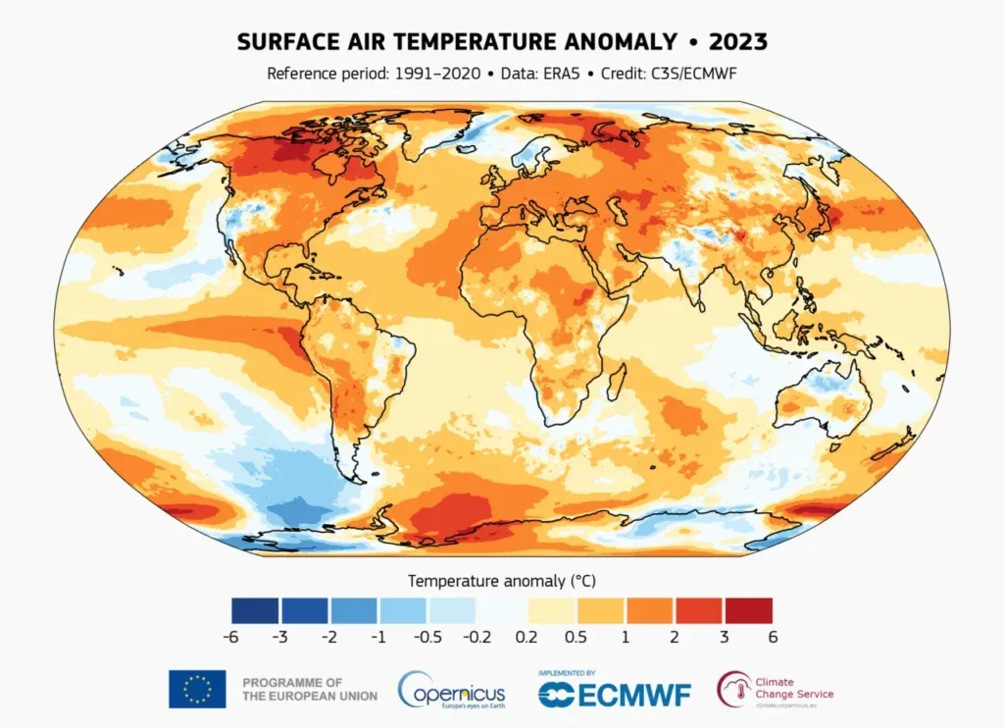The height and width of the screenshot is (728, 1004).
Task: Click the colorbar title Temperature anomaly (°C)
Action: click(501, 581)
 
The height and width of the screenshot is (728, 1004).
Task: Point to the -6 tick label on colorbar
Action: click(231, 636)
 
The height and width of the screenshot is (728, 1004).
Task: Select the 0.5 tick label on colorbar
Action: click(576, 636)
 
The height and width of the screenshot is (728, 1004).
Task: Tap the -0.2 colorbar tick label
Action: click(474, 636)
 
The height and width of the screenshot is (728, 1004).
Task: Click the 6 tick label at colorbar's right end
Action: click(773, 636)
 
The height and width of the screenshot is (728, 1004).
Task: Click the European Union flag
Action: click(197, 689)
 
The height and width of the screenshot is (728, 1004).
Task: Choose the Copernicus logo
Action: click(454, 689)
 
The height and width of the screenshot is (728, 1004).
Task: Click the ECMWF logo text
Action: click(615, 694)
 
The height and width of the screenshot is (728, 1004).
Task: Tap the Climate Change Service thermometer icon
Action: click(732, 688)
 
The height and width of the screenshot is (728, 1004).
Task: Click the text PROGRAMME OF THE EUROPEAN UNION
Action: click(309, 689)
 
